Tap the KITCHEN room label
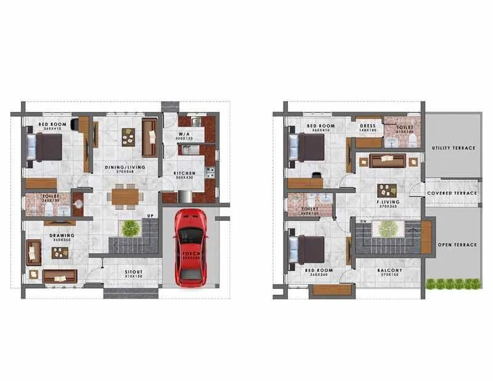pyautogui.click(x=184, y=173)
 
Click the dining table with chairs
pyautogui.click(x=126, y=196)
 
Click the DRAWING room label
pyautogui.click(x=62, y=235)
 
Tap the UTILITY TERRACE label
pyautogui.click(x=454, y=148)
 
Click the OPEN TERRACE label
pyautogui.click(x=457, y=244)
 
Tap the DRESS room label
pyautogui.click(x=369, y=126)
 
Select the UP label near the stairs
pyautogui.click(x=149, y=215)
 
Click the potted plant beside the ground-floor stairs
pyautogui.click(x=130, y=228)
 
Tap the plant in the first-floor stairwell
pyautogui.click(x=388, y=229)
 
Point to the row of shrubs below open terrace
pyautogui.click(x=453, y=283)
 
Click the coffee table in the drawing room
pyautogui.click(x=60, y=252)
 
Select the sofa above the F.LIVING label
pyautogui.click(x=387, y=161)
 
